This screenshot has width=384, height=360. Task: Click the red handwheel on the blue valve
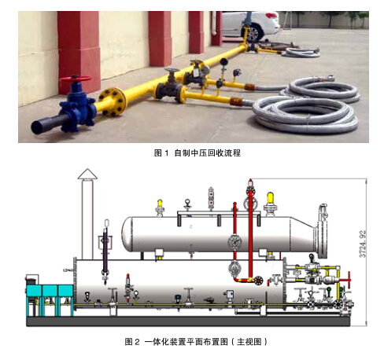click(76, 79)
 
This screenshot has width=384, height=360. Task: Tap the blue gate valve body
click(77, 108)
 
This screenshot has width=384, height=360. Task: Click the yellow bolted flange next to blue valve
click(112, 101)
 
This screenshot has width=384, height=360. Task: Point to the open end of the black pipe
click(36, 128)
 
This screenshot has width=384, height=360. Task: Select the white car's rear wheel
click(253, 34)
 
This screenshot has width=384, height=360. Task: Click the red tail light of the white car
click(271, 16)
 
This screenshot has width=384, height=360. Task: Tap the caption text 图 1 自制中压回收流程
click(197, 153)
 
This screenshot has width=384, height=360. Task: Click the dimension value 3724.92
click(362, 244)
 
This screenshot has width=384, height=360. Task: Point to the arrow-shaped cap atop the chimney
click(87, 174)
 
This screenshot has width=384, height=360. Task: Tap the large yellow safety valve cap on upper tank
click(270, 198)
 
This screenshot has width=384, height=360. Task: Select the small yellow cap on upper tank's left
click(160, 204)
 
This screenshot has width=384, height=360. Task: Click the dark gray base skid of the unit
click(188, 321)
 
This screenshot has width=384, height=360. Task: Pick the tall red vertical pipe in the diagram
click(251, 230)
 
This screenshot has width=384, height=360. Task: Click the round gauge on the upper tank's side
click(234, 242)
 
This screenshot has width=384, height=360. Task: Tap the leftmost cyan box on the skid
click(34, 291)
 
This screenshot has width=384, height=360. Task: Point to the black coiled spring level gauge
click(105, 252)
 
